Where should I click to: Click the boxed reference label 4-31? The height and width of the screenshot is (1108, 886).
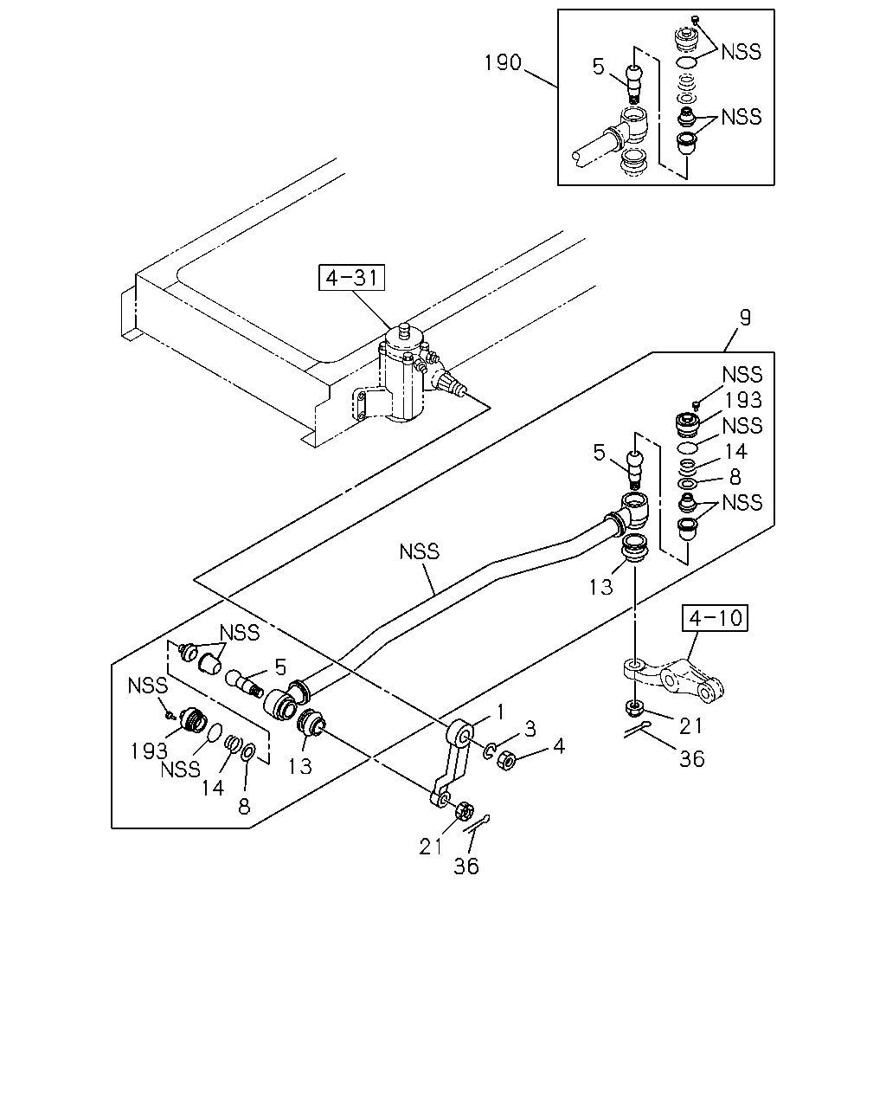[351, 278]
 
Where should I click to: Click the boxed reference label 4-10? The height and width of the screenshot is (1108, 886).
[715, 618]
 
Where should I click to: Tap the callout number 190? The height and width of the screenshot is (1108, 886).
[503, 63]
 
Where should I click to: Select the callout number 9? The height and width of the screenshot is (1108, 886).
[745, 317]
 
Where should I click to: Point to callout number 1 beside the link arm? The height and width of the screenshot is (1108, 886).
[499, 712]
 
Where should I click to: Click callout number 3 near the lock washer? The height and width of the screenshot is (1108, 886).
[530, 729]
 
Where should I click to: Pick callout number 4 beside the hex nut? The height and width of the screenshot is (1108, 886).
[559, 746]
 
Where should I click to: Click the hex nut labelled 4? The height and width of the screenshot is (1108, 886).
[506, 759]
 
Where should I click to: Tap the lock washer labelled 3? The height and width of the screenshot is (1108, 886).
[489, 750]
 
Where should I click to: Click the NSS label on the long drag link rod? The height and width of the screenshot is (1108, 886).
[420, 552]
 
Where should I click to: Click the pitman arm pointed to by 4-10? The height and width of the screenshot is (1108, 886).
[674, 680]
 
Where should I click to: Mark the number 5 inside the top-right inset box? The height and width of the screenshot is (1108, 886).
[598, 67]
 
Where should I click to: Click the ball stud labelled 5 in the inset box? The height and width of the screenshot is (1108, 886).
[633, 83]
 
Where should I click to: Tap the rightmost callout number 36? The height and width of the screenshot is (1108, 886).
[691, 759]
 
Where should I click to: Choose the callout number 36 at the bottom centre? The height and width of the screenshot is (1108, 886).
[465, 866]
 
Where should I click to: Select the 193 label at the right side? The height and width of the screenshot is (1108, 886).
[743, 400]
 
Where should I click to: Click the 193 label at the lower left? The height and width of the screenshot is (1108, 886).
[149, 751]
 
